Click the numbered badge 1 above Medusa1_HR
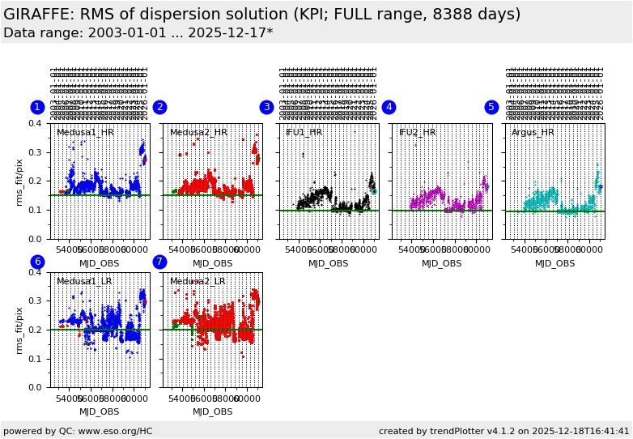37,107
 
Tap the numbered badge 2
159,107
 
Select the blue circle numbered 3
266,107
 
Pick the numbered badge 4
389,107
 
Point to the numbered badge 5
491,107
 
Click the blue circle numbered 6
37,262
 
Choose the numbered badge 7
159,262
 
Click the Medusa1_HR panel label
85,132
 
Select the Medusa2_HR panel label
198,132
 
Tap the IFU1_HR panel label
304,132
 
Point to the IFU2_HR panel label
418,132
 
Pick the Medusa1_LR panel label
84,281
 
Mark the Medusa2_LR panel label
198,281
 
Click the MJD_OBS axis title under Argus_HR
554,263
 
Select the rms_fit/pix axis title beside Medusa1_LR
20,330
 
